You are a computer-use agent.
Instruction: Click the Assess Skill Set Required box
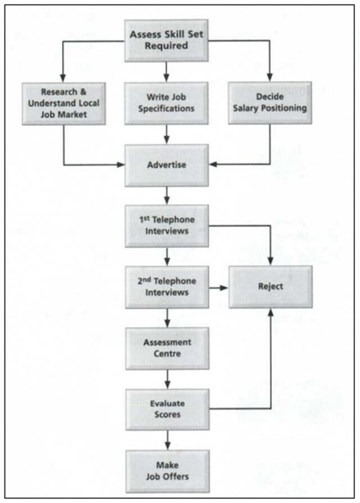point(166,40)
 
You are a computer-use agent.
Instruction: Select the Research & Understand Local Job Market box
point(63,103)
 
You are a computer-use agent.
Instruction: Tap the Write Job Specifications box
point(166,103)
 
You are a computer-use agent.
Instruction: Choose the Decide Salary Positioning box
point(270,103)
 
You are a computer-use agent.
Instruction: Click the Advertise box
point(166,165)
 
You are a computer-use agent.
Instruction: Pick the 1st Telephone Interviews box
point(166,226)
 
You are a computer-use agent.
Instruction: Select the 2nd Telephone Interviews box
point(166,287)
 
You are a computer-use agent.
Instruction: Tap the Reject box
point(271,287)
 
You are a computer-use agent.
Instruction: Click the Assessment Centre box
point(166,348)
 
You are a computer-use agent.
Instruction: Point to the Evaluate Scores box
point(166,409)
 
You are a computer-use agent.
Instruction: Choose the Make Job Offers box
point(166,471)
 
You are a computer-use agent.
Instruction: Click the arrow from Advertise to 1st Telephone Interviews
point(167,195)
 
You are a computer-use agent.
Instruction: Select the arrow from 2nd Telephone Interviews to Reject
point(218,287)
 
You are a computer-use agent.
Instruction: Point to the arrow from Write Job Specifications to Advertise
point(167,134)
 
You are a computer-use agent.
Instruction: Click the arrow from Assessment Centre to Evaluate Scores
point(167,379)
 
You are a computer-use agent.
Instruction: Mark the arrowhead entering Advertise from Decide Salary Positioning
point(213,165)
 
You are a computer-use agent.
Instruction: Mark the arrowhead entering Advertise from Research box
point(120,165)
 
